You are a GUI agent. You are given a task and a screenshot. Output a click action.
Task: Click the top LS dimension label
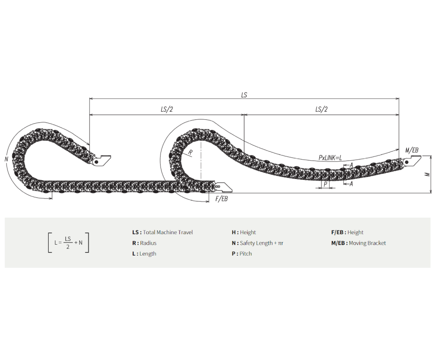(244, 95)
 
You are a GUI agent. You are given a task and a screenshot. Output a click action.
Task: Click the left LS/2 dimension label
(167, 109)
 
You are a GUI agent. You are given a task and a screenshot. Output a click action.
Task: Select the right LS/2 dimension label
(321, 109)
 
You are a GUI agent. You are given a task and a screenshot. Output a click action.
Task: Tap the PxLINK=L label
(330, 158)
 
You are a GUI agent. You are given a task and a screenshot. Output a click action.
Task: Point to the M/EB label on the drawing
(412, 150)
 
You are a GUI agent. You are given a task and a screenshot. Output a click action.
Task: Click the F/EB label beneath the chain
(221, 199)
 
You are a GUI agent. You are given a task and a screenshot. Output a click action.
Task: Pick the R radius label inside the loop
(191, 152)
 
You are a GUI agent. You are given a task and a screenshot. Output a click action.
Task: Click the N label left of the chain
(7, 159)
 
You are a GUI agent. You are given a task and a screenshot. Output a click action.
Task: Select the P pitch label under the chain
(325, 184)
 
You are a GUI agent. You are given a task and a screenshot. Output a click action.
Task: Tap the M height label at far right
(428, 174)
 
